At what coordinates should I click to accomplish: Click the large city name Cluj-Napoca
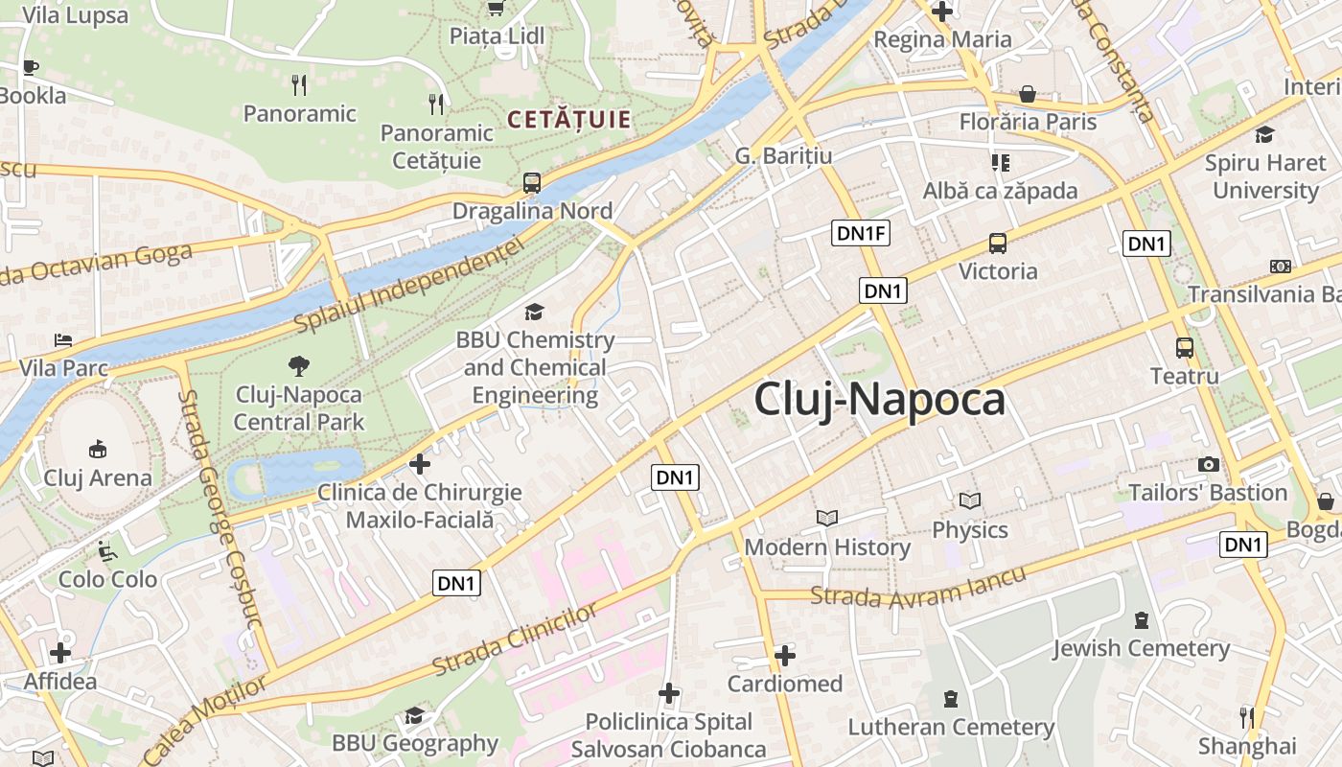click(x=879, y=400)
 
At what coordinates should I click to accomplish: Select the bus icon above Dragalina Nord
click(x=532, y=182)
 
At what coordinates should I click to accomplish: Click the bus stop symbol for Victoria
click(x=998, y=244)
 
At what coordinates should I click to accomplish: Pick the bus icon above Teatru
click(x=1185, y=348)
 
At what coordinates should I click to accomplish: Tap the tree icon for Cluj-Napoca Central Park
click(x=299, y=365)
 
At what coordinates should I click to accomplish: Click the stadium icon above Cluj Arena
click(x=97, y=449)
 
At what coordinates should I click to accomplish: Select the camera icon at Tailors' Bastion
click(x=1209, y=465)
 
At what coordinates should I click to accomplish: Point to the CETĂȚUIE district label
click(x=569, y=120)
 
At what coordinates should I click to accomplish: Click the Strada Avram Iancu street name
click(x=917, y=586)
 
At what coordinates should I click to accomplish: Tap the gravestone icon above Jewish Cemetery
click(x=1141, y=620)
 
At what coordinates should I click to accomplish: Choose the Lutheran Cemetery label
click(x=951, y=728)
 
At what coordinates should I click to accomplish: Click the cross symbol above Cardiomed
click(x=785, y=656)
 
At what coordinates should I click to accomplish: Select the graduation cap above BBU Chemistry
click(x=534, y=312)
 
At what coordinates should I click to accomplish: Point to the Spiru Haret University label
click(x=1265, y=176)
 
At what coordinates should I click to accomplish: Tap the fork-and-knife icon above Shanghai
click(x=1247, y=717)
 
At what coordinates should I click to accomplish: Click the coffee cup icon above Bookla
click(x=30, y=67)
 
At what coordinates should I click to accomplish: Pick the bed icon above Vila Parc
click(x=63, y=340)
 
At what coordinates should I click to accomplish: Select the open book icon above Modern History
click(x=827, y=518)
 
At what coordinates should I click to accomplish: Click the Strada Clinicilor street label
click(x=515, y=639)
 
